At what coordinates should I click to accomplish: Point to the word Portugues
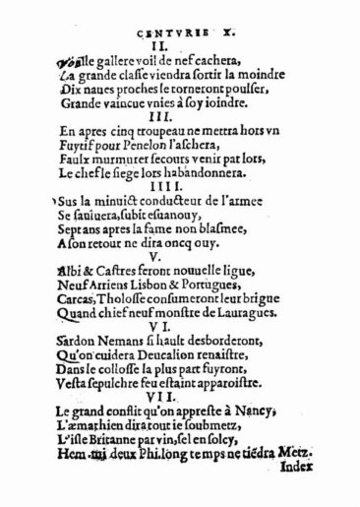pyautogui.click(x=206, y=279)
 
